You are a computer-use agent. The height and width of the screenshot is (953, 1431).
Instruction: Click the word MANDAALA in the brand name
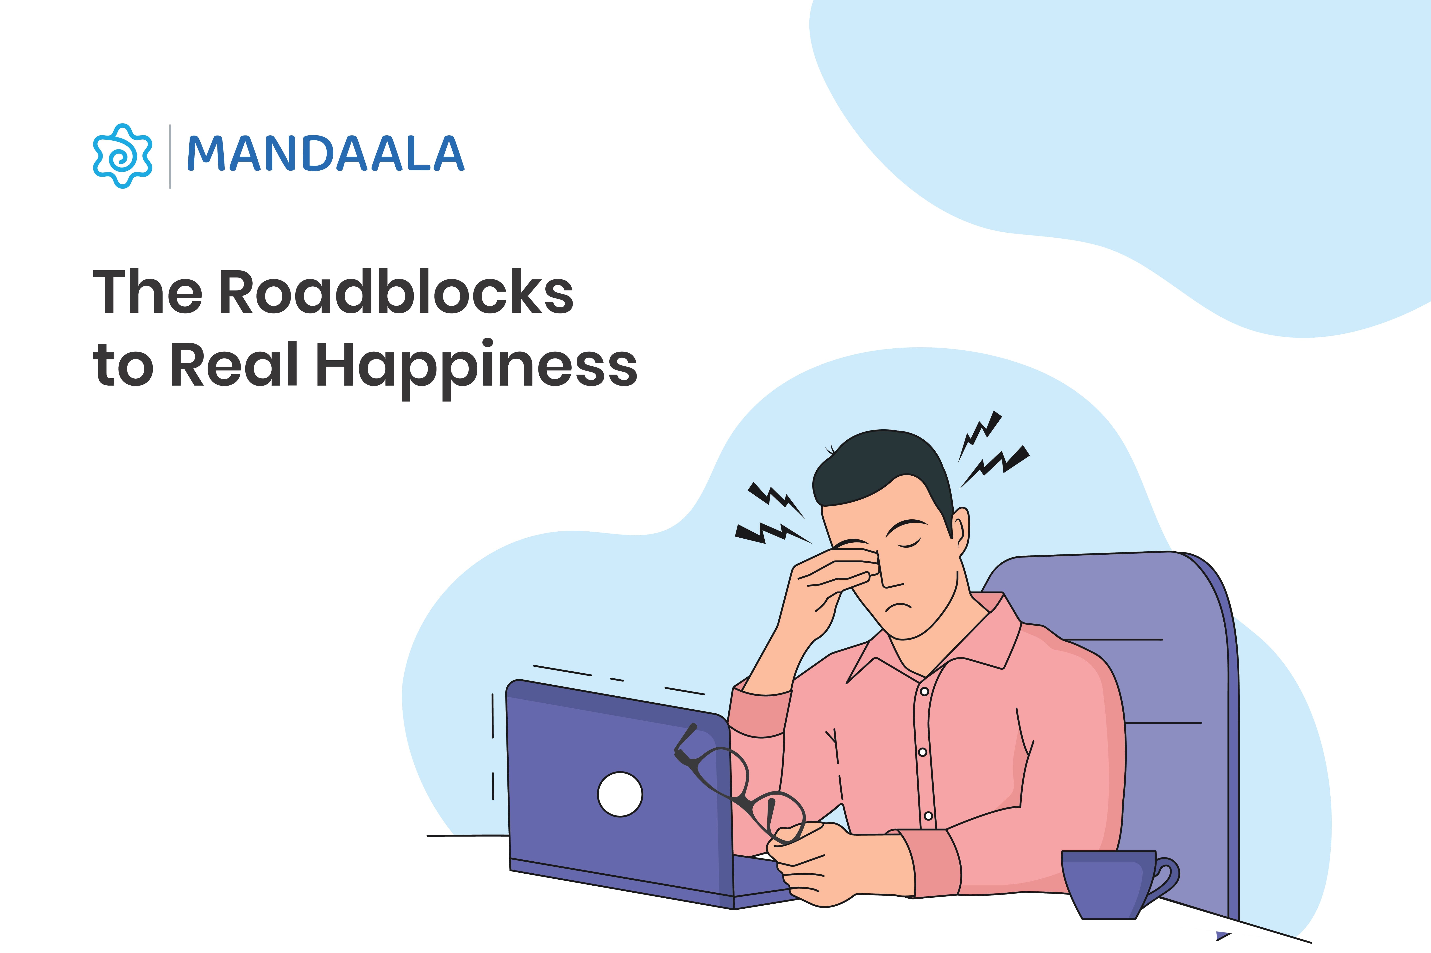pyautogui.click(x=325, y=154)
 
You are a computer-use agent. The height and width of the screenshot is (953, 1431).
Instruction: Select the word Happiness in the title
pyautogui.click(x=476, y=366)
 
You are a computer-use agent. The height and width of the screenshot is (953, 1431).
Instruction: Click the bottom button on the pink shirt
pyautogui.click(x=928, y=816)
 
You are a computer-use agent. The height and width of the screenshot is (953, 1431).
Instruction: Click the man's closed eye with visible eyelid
pyautogui.click(x=908, y=543)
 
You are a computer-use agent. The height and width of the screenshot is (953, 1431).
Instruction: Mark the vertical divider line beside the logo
pyautogui.click(x=170, y=156)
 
